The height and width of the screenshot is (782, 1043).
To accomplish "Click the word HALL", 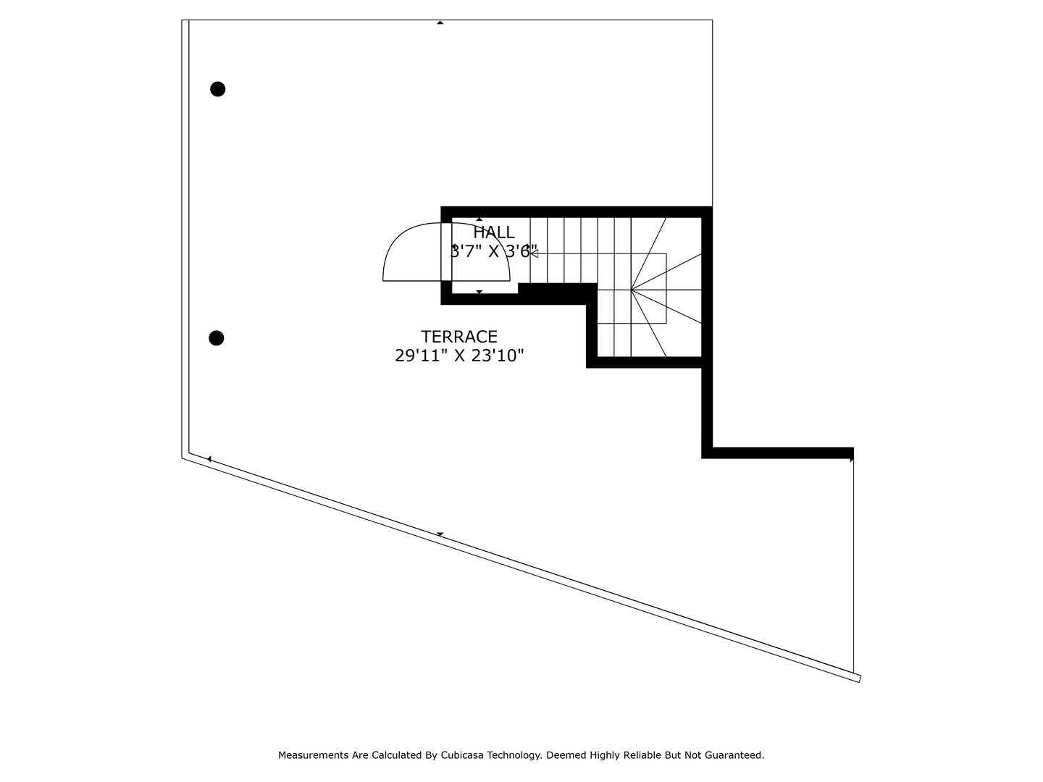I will (494, 232).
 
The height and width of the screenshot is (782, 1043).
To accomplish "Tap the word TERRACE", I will (459, 337).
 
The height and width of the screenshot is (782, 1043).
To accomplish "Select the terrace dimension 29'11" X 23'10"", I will (459, 356).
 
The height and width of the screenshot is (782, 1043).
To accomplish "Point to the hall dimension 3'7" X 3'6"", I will (494, 251).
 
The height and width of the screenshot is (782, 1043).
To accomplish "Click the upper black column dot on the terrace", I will (217, 89).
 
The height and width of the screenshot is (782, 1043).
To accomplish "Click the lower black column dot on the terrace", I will (216, 338).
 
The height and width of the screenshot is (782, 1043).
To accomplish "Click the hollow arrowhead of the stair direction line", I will (534, 253).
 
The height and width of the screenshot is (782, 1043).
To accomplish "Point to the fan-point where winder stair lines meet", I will (632, 290).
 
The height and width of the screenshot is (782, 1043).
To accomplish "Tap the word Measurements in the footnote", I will (314, 755).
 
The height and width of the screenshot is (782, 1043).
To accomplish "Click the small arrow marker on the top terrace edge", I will (440, 22).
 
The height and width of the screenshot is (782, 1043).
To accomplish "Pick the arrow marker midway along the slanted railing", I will (440, 534).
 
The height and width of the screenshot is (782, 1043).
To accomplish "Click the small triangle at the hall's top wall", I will (479, 219).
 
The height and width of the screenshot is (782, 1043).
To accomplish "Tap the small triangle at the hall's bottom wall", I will (479, 292).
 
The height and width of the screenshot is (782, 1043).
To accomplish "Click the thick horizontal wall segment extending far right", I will (779, 453).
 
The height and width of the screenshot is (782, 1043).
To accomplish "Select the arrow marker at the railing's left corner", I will (209, 459).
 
